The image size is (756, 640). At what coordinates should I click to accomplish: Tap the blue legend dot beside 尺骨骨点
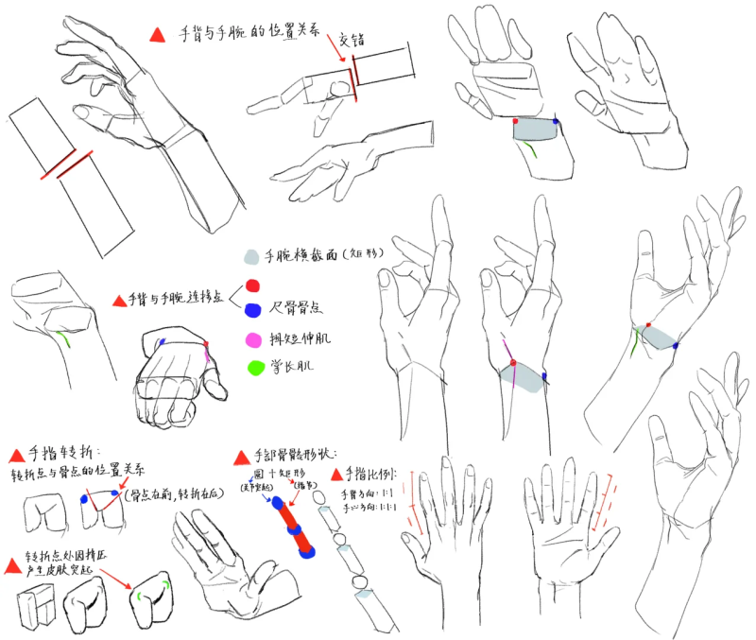click(252, 309)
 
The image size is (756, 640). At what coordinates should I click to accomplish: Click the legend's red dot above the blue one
click(252, 285)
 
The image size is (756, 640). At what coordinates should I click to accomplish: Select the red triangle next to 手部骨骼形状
click(241, 458)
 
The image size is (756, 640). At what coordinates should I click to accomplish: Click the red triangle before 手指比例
click(336, 473)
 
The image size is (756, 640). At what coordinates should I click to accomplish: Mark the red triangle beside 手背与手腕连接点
click(119, 301)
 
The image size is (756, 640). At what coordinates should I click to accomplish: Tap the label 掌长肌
click(287, 366)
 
